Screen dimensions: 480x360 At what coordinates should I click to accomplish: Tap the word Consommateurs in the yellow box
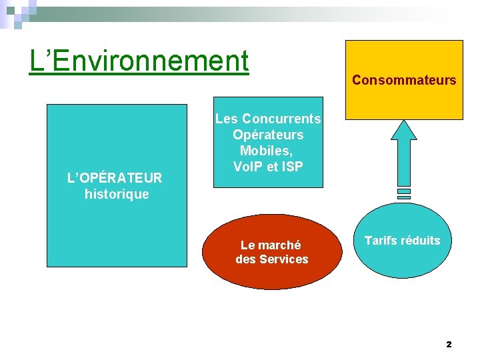point(404,81)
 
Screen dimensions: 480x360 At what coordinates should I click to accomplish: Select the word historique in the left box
point(117,195)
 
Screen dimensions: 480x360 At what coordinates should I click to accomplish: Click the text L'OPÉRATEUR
point(115,178)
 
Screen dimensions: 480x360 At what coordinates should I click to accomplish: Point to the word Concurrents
point(281,119)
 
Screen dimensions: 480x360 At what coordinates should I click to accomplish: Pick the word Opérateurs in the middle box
point(268,135)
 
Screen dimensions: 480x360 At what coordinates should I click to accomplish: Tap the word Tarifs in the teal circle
point(381,241)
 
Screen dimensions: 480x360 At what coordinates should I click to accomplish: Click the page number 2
point(449,345)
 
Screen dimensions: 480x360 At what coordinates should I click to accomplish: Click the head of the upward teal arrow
point(403,130)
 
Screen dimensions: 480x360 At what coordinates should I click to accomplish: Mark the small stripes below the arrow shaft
point(404,194)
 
